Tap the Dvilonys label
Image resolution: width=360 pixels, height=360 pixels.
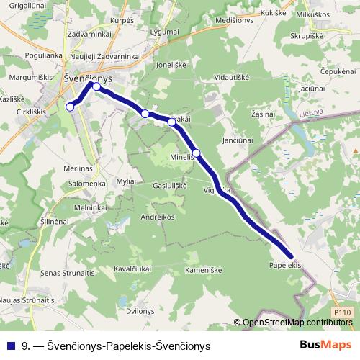[x=140, y=311]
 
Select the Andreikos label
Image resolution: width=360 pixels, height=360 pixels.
[x=158, y=216]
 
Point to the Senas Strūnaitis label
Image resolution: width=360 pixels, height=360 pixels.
[x=68, y=273]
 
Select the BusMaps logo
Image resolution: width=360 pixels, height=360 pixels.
[x=325, y=345]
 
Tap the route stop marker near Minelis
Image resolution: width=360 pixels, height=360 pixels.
[x=196, y=153]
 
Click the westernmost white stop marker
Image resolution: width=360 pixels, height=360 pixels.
[x=71, y=107]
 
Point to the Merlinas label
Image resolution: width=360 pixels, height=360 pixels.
[x=78, y=168]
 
